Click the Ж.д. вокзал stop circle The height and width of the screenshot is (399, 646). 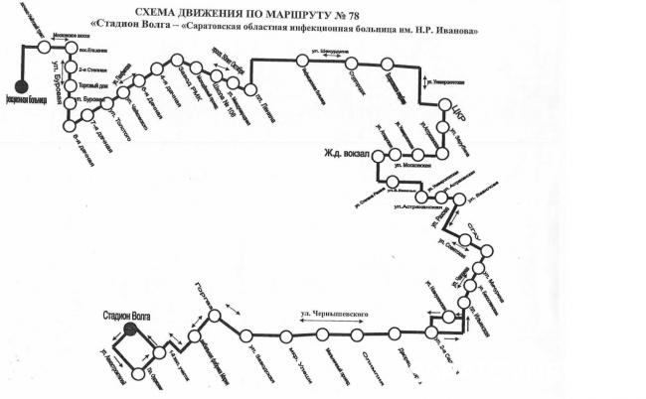(x=395, y=155)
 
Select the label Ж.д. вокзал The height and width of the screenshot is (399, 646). (x=345, y=154)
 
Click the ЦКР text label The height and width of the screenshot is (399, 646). (x=458, y=104)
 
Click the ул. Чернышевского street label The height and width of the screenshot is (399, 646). (x=335, y=314)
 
